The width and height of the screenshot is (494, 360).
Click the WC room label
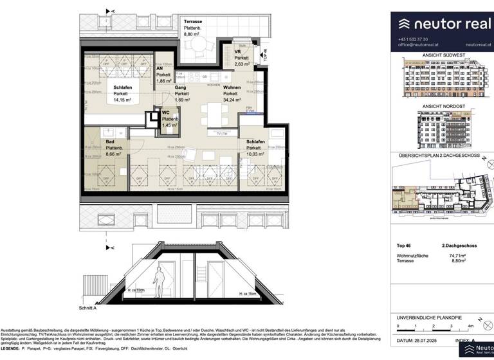point(167,114)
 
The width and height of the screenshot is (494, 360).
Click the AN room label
point(160,67)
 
